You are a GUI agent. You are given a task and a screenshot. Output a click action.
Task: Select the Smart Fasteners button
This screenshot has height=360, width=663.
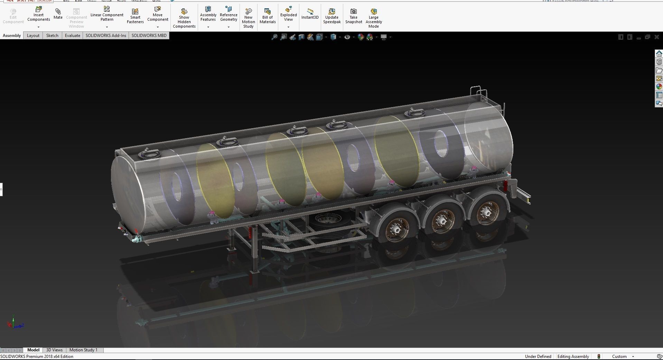[x=135, y=16]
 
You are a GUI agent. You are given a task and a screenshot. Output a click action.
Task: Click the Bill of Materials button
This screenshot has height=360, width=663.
[x=268, y=16]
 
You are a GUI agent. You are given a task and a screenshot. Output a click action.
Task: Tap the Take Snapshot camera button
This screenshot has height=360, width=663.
[x=353, y=16]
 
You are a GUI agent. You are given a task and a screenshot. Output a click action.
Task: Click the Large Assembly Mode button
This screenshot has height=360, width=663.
[x=373, y=18]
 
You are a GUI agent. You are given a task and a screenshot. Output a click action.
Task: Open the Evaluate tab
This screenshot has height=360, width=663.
[x=72, y=36]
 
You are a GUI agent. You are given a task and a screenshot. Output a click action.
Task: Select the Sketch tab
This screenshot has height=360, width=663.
[x=52, y=36]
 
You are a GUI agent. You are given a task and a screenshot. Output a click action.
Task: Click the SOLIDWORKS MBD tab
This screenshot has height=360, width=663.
[x=149, y=36]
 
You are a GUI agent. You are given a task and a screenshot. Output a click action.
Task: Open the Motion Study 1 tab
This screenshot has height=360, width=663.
[x=83, y=350]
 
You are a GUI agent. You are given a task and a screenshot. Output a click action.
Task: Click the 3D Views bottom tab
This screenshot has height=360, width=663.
[x=54, y=350]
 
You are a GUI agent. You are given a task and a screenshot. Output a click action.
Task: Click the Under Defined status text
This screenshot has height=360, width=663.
[x=538, y=357]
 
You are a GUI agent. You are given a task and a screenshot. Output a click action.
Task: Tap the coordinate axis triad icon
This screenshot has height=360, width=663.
[x=14, y=324]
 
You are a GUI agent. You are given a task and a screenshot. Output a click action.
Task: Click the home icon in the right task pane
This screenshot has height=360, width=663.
[x=659, y=54]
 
